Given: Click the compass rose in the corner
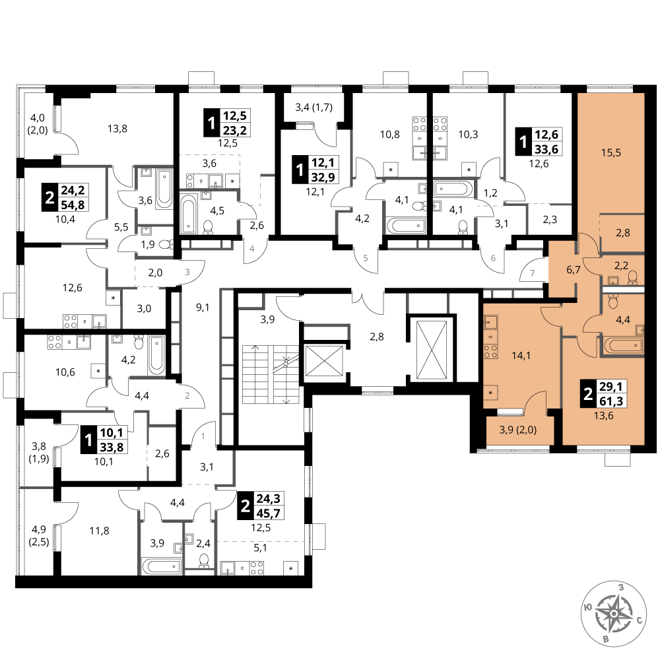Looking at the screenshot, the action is click(614, 613).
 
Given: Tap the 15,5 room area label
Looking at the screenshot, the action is click(610, 152).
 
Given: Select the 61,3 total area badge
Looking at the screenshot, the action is click(612, 401).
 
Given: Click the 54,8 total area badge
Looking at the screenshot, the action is click(73, 205).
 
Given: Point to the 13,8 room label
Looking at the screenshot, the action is click(117, 129).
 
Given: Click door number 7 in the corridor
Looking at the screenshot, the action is click(532, 273).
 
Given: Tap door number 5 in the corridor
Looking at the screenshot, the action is click(366, 258).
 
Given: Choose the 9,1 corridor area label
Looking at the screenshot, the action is click(203, 308).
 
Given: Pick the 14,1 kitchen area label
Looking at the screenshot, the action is click(521, 356).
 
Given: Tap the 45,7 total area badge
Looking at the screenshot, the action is click(268, 513).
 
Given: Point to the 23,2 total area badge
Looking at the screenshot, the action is click(235, 130).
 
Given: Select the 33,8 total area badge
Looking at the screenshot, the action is click(112, 447).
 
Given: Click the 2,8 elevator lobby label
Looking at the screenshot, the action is click(377, 337).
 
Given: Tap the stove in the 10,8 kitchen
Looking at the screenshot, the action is click(419, 125).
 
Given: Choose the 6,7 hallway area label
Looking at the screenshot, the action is click(574, 270).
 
